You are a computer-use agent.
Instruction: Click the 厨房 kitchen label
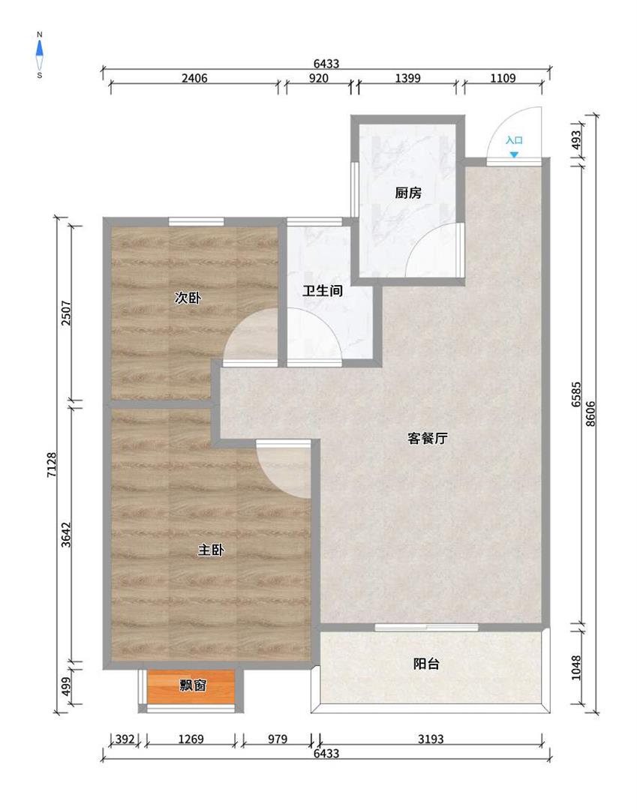[x=407, y=193]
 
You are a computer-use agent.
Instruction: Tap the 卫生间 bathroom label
[x=323, y=291]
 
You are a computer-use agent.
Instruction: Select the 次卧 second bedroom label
[x=188, y=298]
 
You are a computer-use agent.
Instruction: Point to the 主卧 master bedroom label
[x=211, y=550]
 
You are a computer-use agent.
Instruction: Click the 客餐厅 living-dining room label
[x=427, y=439]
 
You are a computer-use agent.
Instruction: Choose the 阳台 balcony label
[x=426, y=664]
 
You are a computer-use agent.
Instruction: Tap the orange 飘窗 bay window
[x=191, y=686]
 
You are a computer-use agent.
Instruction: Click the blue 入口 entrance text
[x=514, y=140]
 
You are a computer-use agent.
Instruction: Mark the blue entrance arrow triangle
[x=513, y=154]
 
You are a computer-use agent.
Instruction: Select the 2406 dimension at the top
[x=194, y=78]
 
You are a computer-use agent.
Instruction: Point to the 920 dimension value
[x=319, y=78]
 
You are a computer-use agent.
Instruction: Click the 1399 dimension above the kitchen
[x=407, y=78]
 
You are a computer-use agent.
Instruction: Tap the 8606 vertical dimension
[x=590, y=413]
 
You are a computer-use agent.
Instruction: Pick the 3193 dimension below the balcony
[x=431, y=739]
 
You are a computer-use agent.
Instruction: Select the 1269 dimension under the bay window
[x=191, y=739]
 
